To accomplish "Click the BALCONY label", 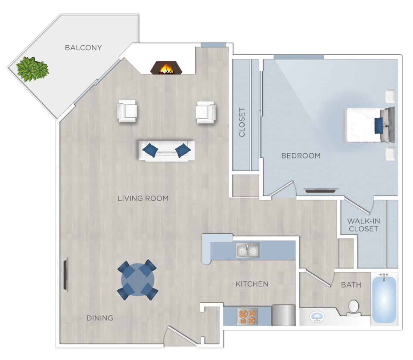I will (x=83, y=47).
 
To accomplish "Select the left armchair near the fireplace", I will (x=127, y=111).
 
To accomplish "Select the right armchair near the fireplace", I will (x=205, y=112).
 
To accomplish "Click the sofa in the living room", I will (x=167, y=151).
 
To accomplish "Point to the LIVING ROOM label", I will (x=143, y=199).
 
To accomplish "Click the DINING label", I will (x=100, y=318).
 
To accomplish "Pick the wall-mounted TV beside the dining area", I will (x=65, y=275).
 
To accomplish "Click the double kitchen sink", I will (x=248, y=251).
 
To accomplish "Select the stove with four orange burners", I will (x=247, y=316).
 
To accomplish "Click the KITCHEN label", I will (x=252, y=284).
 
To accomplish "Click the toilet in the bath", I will (x=353, y=307).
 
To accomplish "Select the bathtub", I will (x=384, y=299).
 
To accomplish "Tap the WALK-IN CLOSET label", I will (x=363, y=225).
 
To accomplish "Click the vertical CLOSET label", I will (x=242, y=122).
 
